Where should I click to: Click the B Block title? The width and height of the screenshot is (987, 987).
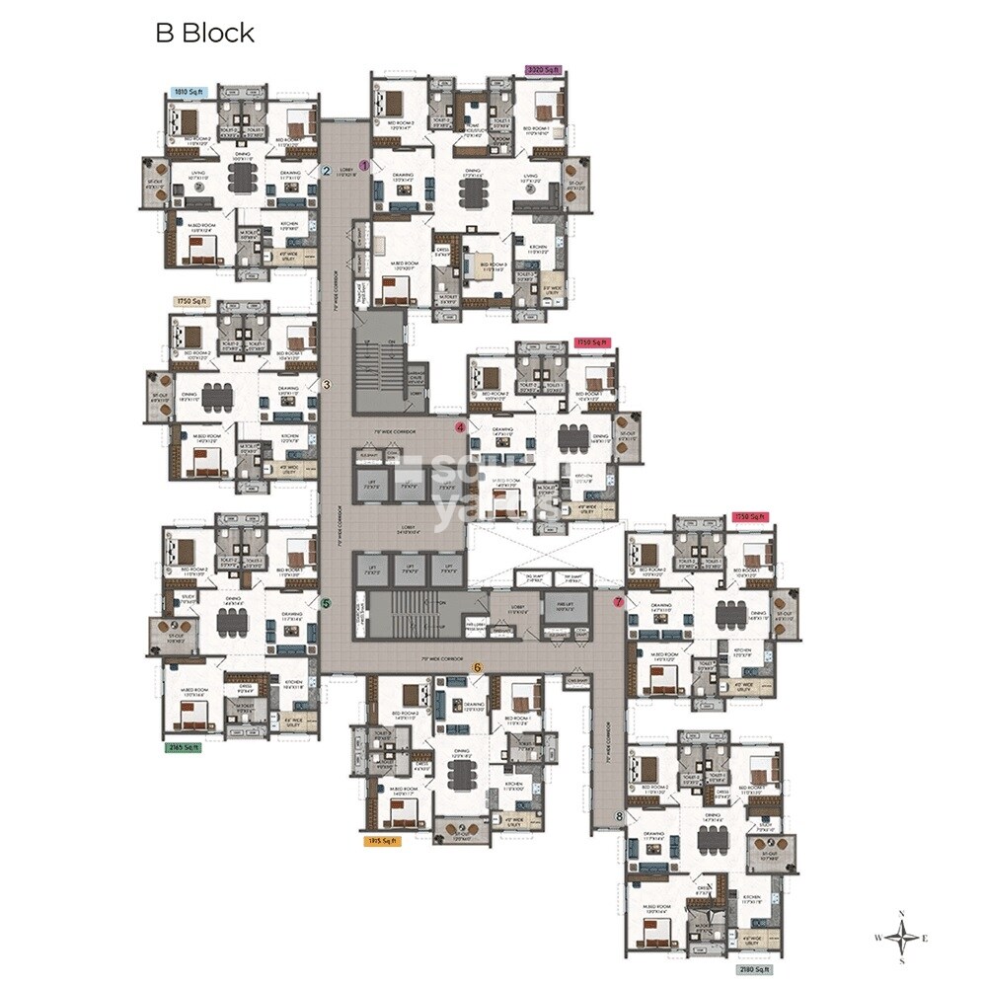tap(205, 33)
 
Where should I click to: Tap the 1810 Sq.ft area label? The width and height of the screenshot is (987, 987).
tap(187, 92)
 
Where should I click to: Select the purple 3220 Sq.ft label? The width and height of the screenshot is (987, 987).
tap(542, 70)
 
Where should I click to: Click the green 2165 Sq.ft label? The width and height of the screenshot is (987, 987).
tap(184, 748)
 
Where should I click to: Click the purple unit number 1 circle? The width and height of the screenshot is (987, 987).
tap(364, 166)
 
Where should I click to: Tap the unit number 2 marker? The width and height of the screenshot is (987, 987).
tap(327, 171)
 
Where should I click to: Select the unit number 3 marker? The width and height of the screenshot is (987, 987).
tap(327, 384)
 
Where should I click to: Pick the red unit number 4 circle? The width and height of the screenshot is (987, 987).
tap(460, 427)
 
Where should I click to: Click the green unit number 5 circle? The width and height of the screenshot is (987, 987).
tap(327, 602)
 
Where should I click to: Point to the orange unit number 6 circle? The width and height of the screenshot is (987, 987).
tap(478, 668)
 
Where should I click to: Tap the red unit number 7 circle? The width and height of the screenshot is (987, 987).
tap(619, 600)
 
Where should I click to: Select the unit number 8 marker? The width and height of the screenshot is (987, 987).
tap(620, 815)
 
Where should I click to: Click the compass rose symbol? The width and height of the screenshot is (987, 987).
tap(902, 936)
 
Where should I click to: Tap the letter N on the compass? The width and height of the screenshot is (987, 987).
tap(901, 913)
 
